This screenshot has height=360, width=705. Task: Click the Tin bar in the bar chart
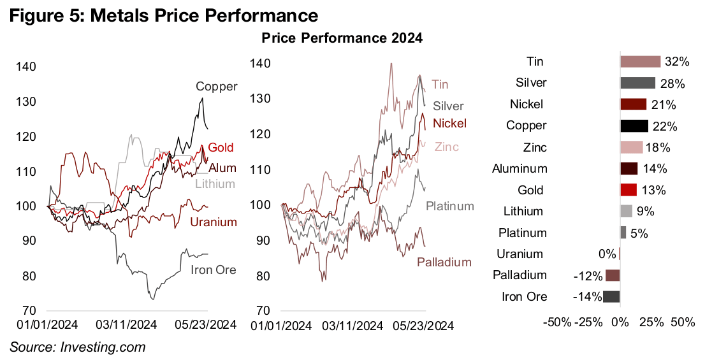640,61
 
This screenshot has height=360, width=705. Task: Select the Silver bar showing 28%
637,83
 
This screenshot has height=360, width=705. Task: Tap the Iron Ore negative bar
611,296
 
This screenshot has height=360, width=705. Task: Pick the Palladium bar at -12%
613,275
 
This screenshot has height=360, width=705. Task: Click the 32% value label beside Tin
677,62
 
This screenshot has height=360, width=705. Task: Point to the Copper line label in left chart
217,87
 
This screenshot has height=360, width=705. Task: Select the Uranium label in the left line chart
214,222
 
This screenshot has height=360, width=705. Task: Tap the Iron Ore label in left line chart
214,270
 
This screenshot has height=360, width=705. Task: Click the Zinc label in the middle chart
446,147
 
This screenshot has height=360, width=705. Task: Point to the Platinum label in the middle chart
450,206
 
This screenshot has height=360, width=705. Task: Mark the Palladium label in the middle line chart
444,262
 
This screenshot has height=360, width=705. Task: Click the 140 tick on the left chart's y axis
27,67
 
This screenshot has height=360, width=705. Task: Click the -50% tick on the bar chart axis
556,322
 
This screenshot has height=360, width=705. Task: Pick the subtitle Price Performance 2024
342,38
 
